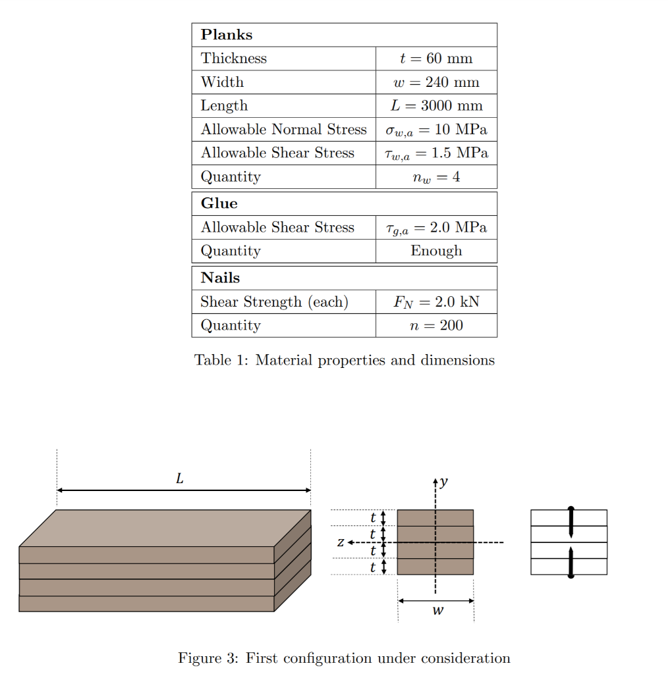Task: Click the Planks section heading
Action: (x=227, y=35)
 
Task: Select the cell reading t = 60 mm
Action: (x=436, y=59)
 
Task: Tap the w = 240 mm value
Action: (x=436, y=82)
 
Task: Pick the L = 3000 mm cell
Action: (x=436, y=106)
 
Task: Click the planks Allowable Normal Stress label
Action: (x=283, y=130)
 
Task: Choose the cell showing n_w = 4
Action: (x=436, y=177)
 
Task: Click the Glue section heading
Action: (x=219, y=203)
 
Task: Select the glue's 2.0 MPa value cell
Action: (x=436, y=228)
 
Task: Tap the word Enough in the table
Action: (x=436, y=251)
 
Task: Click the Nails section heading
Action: (x=221, y=278)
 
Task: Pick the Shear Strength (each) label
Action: (x=274, y=302)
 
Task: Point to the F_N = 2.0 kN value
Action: (x=436, y=302)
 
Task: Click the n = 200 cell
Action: (x=436, y=326)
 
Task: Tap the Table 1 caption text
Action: (x=344, y=360)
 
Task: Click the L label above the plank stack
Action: (x=180, y=480)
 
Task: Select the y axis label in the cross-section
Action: (x=444, y=482)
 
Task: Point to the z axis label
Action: (x=340, y=542)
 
